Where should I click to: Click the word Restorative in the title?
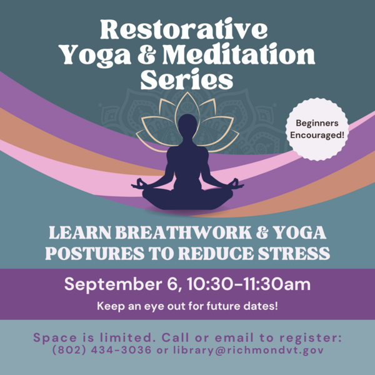[x=184, y=29]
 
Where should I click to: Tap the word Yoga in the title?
[x=96, y=56]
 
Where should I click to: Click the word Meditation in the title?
[x=239, y=54]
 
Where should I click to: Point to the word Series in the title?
[x=187, y=79]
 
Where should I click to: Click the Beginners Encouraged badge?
[x=317, y=129]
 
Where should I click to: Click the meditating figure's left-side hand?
[x=138, y=184]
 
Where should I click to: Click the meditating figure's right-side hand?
[x=237, y=184]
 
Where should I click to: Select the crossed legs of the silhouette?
[x=187, y=199]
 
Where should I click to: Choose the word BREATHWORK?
[x=184, y=232]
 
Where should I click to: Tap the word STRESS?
[x=294, y=253]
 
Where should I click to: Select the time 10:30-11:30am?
[x=249, y=284]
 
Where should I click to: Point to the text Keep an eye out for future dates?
[x=187, y=306]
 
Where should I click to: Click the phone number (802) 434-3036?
[x=102, y=350]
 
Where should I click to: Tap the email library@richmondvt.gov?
[x=249, y=350]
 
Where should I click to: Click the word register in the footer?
[x=311, y=337]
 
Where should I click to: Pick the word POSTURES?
[x=95, y=253]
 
